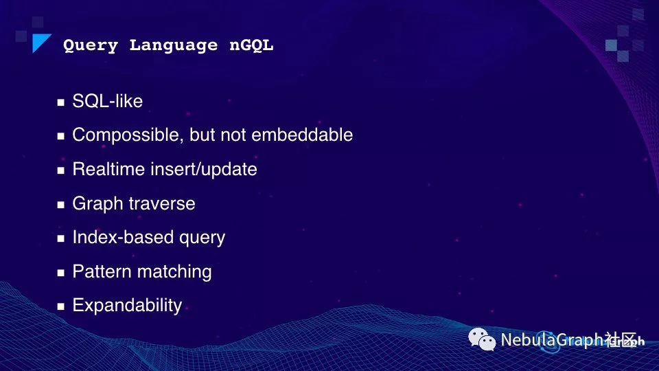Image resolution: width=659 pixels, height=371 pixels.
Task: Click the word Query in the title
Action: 91,45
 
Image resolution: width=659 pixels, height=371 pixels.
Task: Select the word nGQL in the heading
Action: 251,45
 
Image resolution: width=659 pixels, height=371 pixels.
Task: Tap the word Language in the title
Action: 174,45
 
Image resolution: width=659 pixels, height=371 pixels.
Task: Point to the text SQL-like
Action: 108,101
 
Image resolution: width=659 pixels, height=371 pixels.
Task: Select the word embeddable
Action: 302,135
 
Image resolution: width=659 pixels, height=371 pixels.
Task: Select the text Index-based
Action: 123,237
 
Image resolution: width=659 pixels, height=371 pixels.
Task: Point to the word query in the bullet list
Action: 202,238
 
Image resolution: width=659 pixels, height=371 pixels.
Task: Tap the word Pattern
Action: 102,271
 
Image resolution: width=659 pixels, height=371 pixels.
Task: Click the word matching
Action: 174,272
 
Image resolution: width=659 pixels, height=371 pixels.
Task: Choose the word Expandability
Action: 128,305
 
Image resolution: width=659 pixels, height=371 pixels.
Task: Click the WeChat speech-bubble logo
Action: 482,339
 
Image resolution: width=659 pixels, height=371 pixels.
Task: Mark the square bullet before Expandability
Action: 61,306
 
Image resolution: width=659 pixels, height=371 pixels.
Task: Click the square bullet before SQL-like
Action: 61,102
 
